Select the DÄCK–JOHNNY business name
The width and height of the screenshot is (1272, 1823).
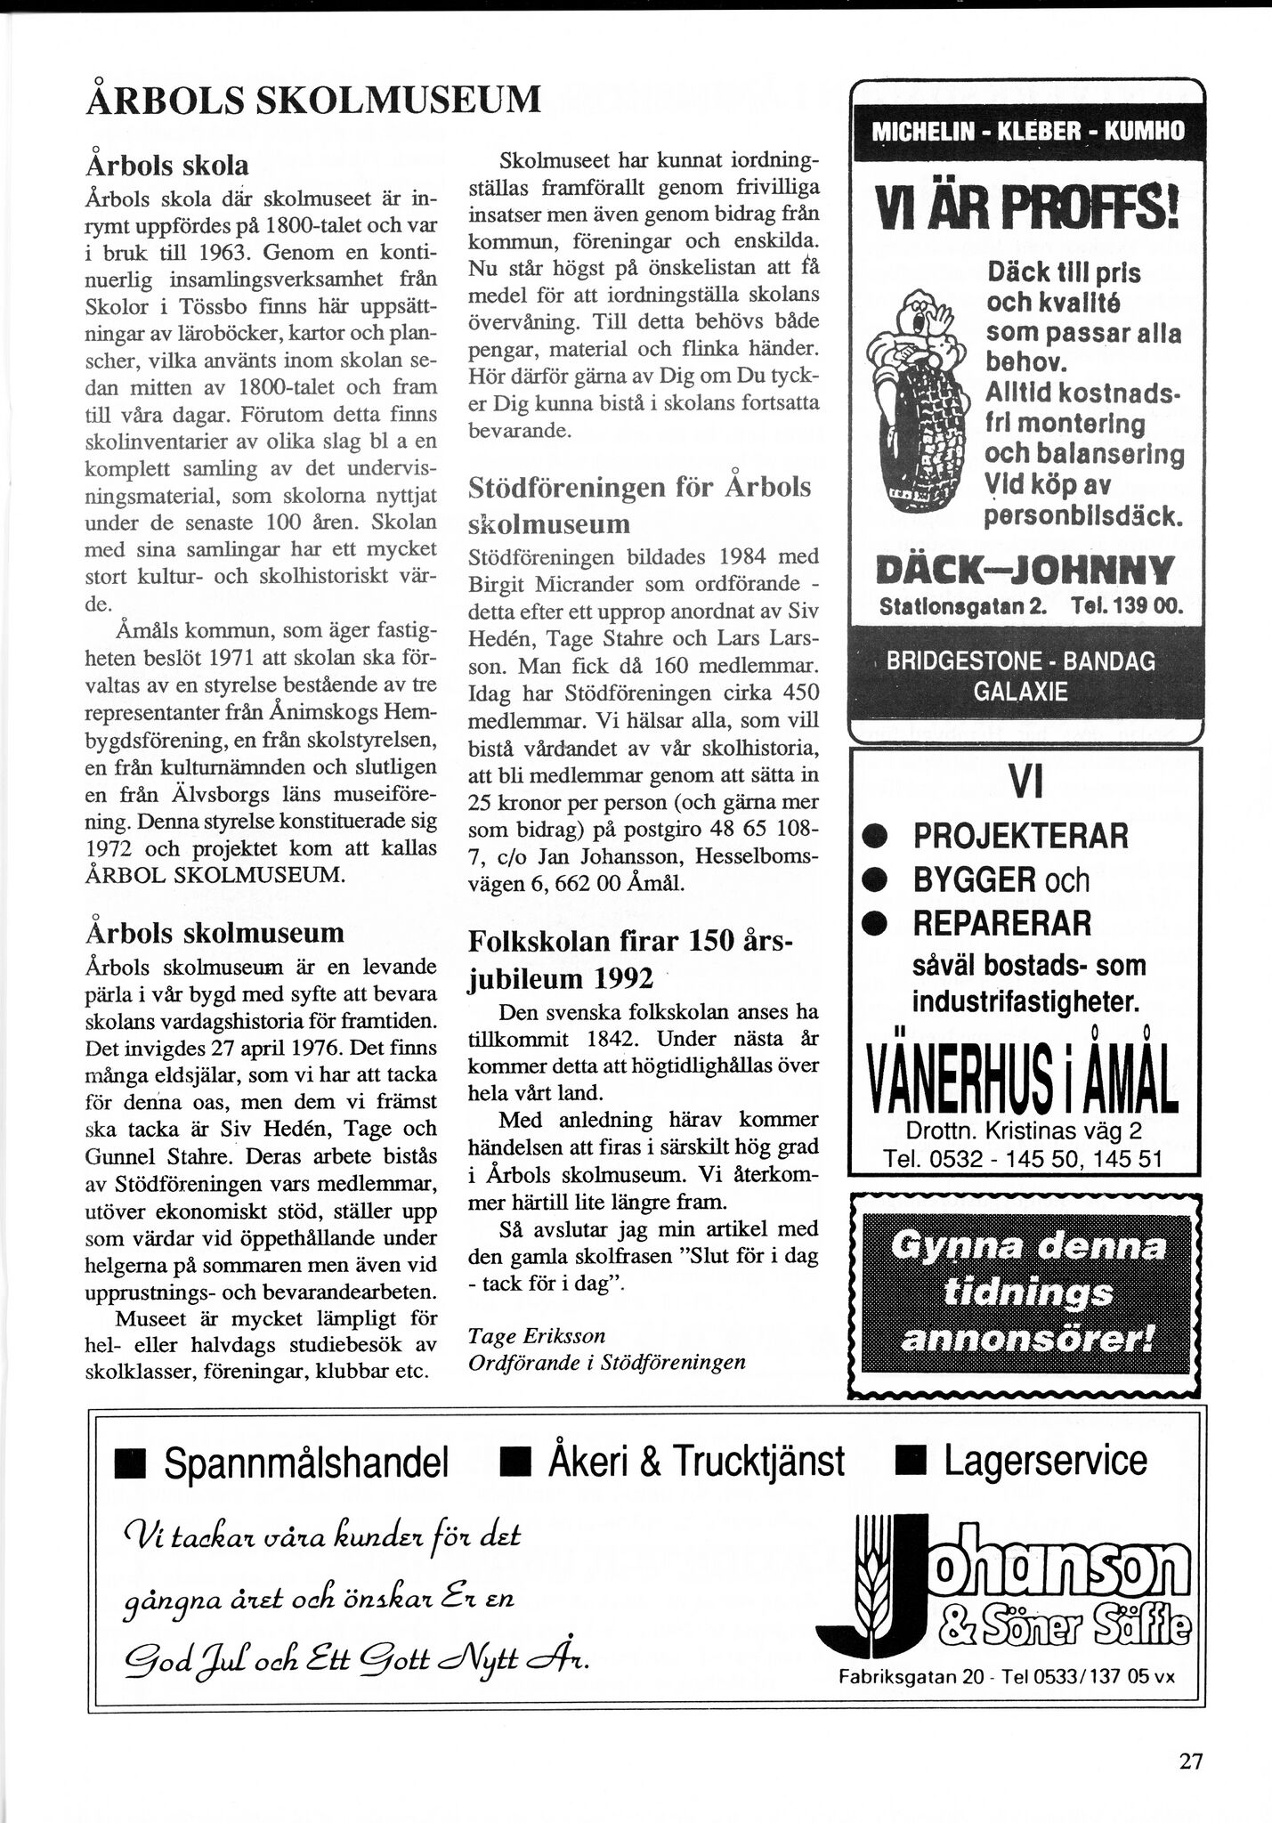1026,569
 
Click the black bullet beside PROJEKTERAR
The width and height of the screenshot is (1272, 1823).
878,838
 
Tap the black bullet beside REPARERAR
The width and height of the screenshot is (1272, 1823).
878,924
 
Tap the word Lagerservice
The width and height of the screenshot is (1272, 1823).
1046,1461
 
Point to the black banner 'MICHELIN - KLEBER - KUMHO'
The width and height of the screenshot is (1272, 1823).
1027,132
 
